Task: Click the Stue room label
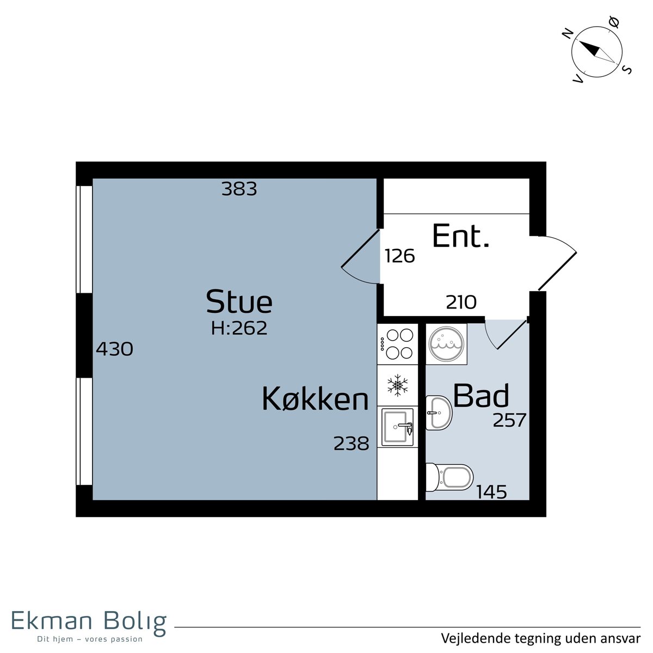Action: click(239, 301)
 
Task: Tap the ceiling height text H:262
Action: click(239, 328)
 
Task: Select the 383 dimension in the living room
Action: click(239, 189)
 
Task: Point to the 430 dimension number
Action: click(114, 349)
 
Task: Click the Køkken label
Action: click(315, 399)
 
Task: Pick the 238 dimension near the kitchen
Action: click(352, 443)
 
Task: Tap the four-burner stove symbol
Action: click(397, 344)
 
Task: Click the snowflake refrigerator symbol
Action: click(397, 385)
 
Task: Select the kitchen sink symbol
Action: click(397, 427)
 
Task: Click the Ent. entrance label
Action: click(461, 236)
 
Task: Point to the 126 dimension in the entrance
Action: click(400, 256)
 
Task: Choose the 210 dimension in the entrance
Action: click(461, 302)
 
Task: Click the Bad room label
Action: click(481, 395)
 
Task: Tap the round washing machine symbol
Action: click(446, 344)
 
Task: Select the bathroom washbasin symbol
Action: click(439, 412)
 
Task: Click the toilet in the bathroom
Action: click(449, 477)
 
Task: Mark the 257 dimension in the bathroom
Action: click(509, 420)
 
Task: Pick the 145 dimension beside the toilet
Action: click(492, 492)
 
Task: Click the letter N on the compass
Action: click(568, 34)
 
